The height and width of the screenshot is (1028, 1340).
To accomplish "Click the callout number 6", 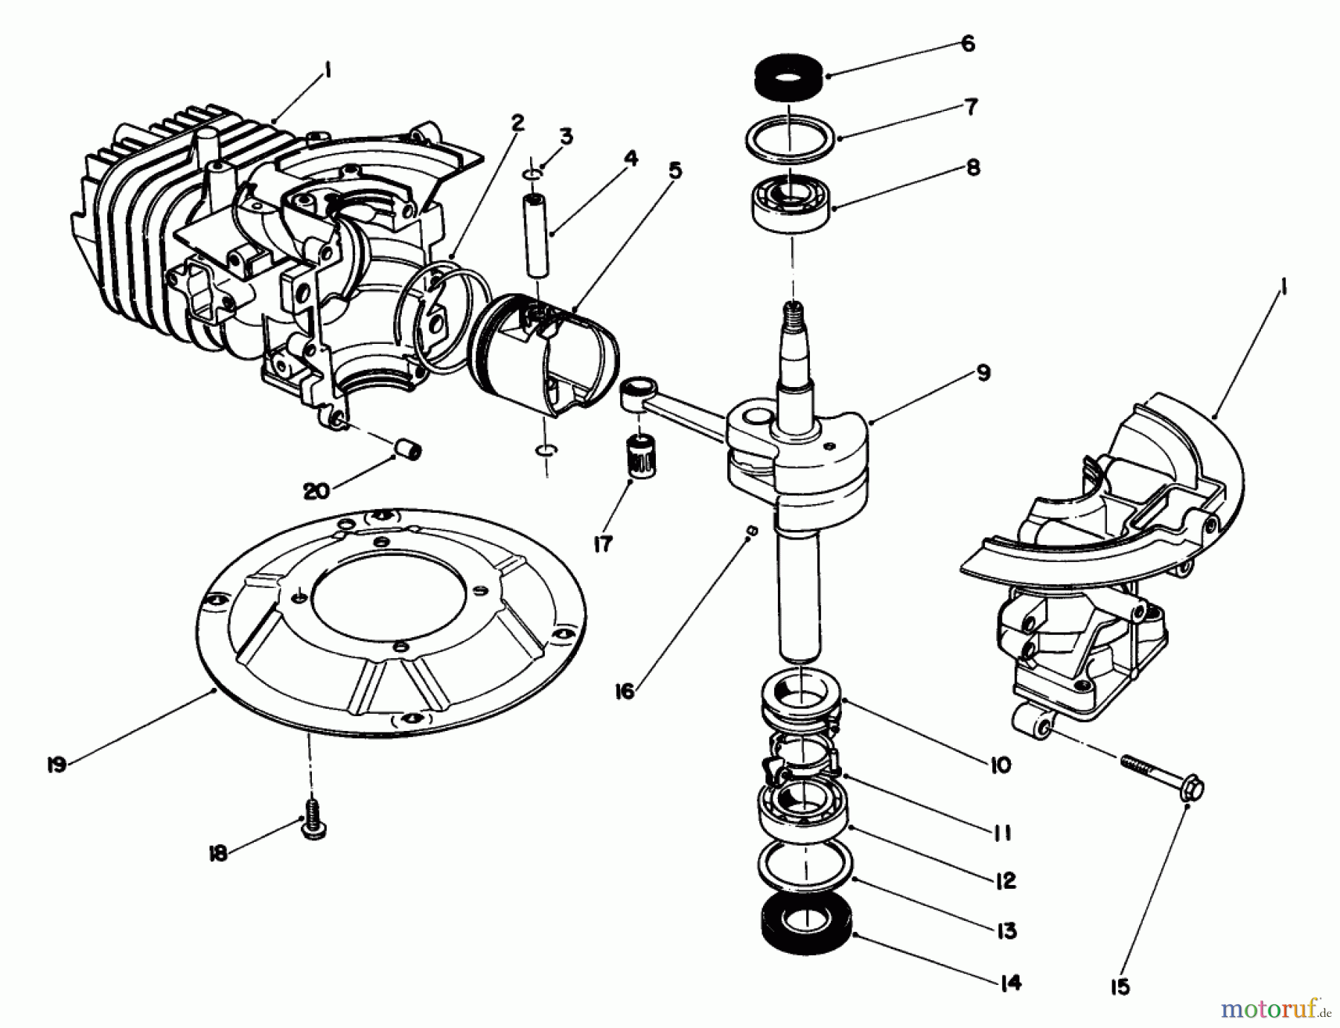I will (x=967, y=44).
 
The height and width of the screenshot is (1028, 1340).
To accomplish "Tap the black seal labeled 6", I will (x=789, y=77).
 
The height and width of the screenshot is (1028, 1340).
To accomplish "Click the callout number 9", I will (x=983, y=373).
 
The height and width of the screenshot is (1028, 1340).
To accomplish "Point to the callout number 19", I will (x=57, y=764).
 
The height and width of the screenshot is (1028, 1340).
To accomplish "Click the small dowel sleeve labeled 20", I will (x=409, y=450).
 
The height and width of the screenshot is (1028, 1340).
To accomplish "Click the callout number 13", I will (x=1006, y=930).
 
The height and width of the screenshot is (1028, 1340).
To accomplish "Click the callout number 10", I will (x=1000, y=764).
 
